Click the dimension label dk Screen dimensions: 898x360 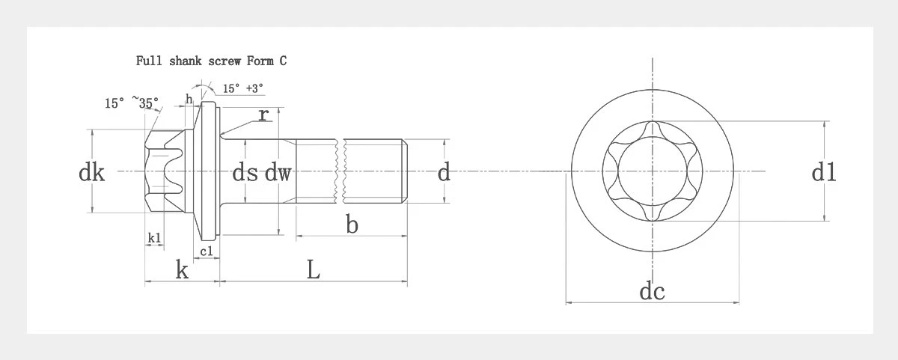[91, 173]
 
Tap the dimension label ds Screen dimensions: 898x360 [245, 173]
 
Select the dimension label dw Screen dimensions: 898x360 [278, 173]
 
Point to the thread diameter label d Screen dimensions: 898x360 [444, 173]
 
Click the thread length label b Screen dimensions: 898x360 [352, 224]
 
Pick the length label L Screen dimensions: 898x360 [314, 269]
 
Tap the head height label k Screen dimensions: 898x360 [182, 269]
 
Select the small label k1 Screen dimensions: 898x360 [154, 238]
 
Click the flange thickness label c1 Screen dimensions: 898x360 [206, 251]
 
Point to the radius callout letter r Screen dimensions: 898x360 [263, 115]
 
